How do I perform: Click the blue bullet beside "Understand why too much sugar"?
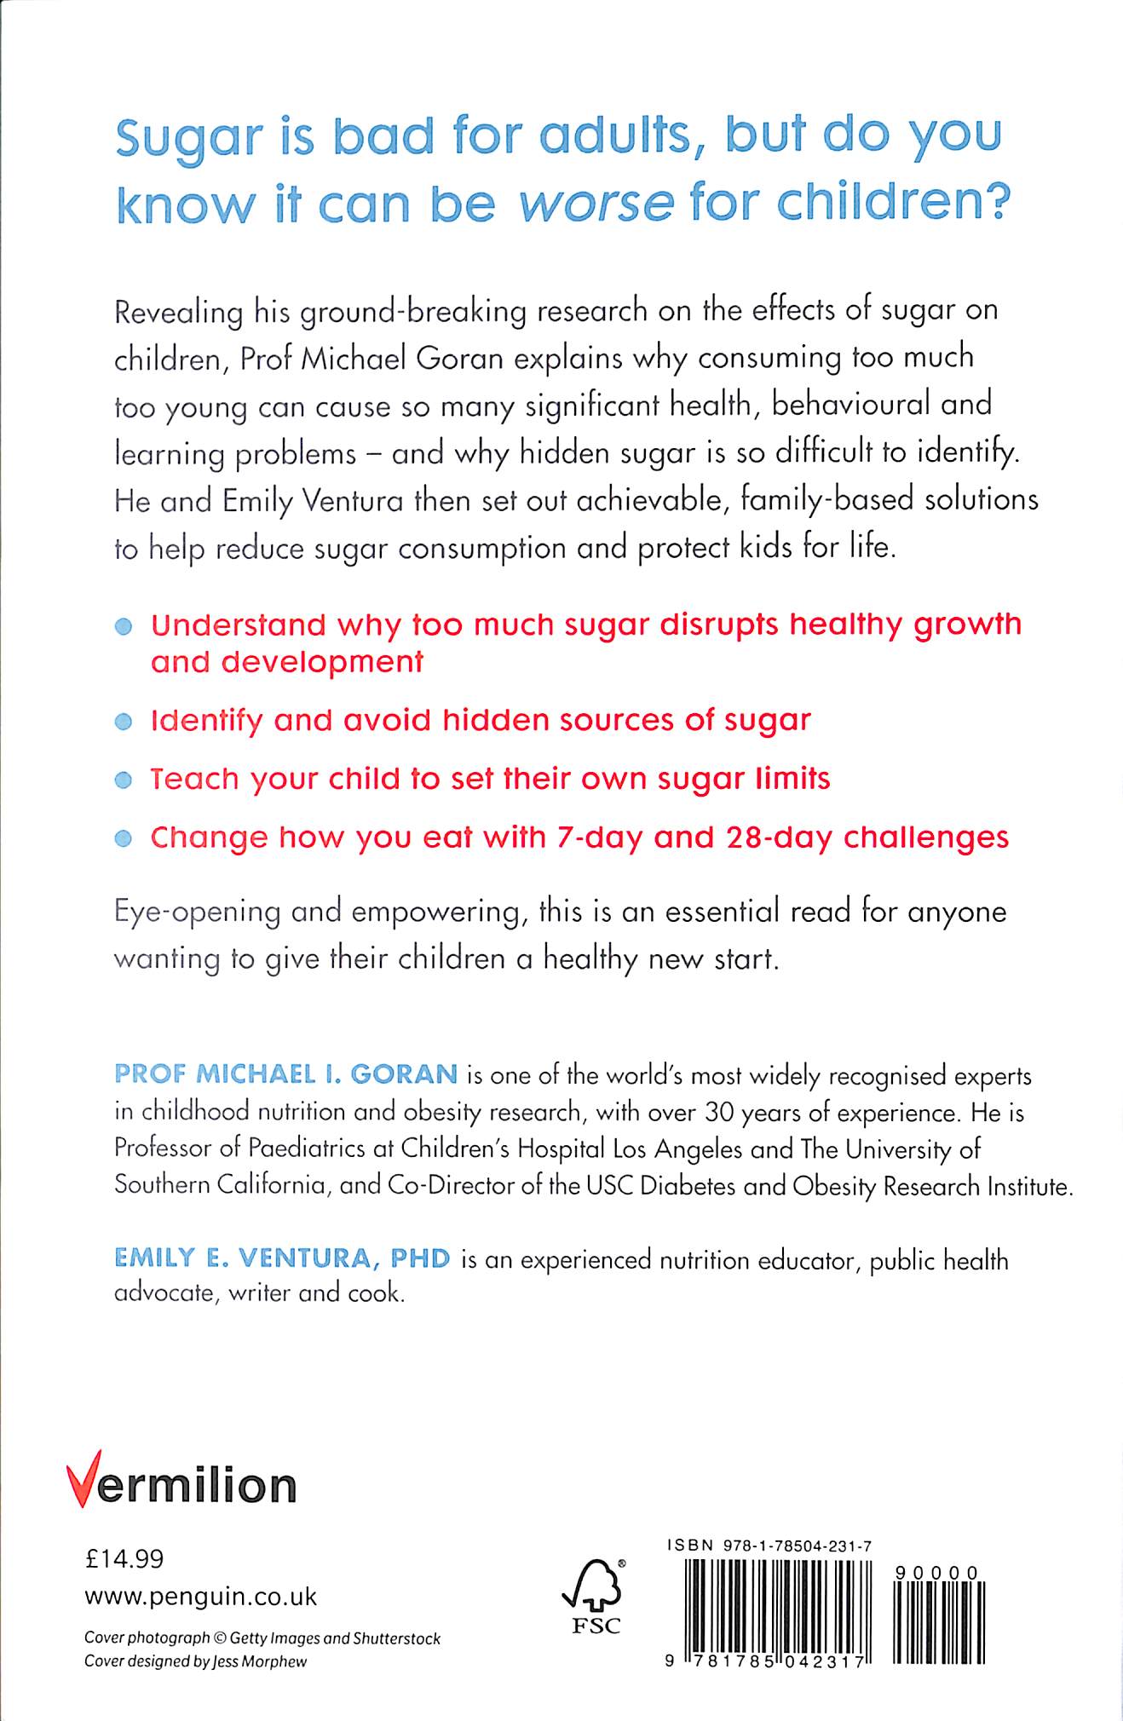click(x=124, y=626)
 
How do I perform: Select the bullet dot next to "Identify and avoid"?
click(x=124, y=722)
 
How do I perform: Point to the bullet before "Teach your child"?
click(x=124, y=780)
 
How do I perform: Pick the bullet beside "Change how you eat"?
click(x=124, y=839)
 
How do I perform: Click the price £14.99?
click(x=124, y=1558)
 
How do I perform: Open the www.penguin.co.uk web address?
click(x=200, y=1596)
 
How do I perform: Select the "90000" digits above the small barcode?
click(x=936, y=1573)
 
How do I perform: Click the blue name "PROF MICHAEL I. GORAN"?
click(x=286, y=1074)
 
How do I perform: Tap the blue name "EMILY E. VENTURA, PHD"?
click(x=282, y=1258)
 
